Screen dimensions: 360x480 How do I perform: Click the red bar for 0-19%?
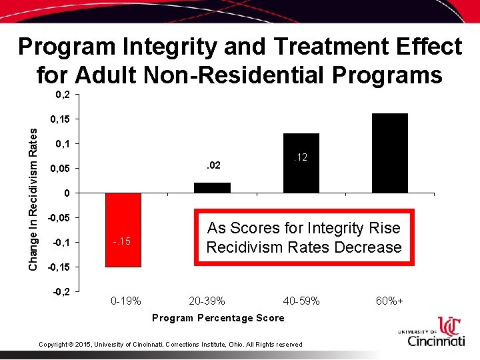[123, 230]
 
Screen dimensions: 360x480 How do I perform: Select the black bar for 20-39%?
[212, 188]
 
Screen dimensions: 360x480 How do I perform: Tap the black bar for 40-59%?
[301, 163]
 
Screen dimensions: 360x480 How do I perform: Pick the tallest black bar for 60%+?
[389, 153]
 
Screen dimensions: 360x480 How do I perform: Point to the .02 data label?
[212, 165]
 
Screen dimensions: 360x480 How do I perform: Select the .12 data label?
[301, 157]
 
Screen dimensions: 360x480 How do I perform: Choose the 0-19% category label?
[125, 301]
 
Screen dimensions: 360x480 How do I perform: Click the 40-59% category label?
[301, 301]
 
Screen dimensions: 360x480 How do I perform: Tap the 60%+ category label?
[389, 301]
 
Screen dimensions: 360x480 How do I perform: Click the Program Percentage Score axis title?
[218, 318]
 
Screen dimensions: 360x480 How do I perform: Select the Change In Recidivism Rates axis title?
[33, 200]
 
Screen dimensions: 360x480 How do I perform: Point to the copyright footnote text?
[170, 344]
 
